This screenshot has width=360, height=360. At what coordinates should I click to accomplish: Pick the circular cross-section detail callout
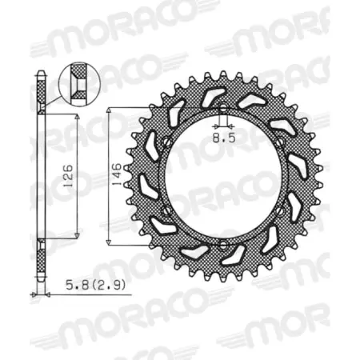point(78,82)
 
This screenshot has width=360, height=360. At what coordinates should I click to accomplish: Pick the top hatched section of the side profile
point(42,96)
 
